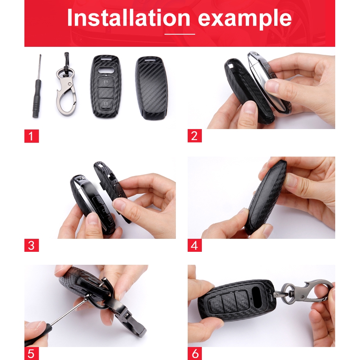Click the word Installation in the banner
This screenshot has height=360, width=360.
click(129, 18)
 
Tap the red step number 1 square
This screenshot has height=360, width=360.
click(31, 136)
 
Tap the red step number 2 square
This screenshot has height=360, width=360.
click(194, 136)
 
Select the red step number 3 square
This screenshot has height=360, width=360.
click(31, 245)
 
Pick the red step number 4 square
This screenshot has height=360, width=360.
click(194, 245)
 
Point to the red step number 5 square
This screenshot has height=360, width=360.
click(31, 353)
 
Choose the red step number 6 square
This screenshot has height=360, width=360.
click(194, 353)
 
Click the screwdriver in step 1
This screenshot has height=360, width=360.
click(37, 86)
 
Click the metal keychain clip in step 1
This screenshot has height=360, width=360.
click(66, 85)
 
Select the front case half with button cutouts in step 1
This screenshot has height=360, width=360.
click(106, 87)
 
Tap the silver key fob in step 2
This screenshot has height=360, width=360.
click(268, 81)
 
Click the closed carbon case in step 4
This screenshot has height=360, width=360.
click(266, 198)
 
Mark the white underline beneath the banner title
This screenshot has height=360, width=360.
click(180, 34)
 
